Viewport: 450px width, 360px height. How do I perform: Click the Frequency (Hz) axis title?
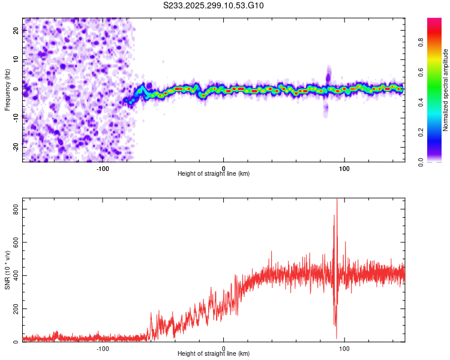pyautogui.click(x=7, y=90)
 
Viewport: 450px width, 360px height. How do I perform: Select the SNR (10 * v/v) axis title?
pyautogui.click(x=7, y=270)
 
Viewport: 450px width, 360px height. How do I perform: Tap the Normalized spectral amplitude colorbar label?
pyautogui.click(x=445, y=90)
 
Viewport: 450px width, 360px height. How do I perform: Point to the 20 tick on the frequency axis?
pyautogui.click(x=16, y=31)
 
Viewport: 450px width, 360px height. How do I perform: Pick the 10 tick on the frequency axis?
pyautogui.click(x=16, y=60)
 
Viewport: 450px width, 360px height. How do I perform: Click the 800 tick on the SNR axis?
pyautogui.click(x=16, y=208)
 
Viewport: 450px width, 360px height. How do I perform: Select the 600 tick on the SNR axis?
pyautogui.click(x=16, y=242)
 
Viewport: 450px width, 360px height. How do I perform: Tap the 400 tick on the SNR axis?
pyautogui.click(x=16, y=275)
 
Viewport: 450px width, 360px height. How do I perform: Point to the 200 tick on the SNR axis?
pyautogui.click(x=16, y=308)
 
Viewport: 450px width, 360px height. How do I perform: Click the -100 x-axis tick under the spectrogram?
pyautogui.click(x=103, y=167)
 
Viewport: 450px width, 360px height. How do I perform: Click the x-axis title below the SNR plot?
pyautogui.click(x=214, y=355)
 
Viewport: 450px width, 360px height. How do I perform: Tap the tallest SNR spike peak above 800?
pyautogui.click(x=337, y=200)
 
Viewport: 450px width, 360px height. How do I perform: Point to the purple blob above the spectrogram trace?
pyautogui.click(x=328, y=77)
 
